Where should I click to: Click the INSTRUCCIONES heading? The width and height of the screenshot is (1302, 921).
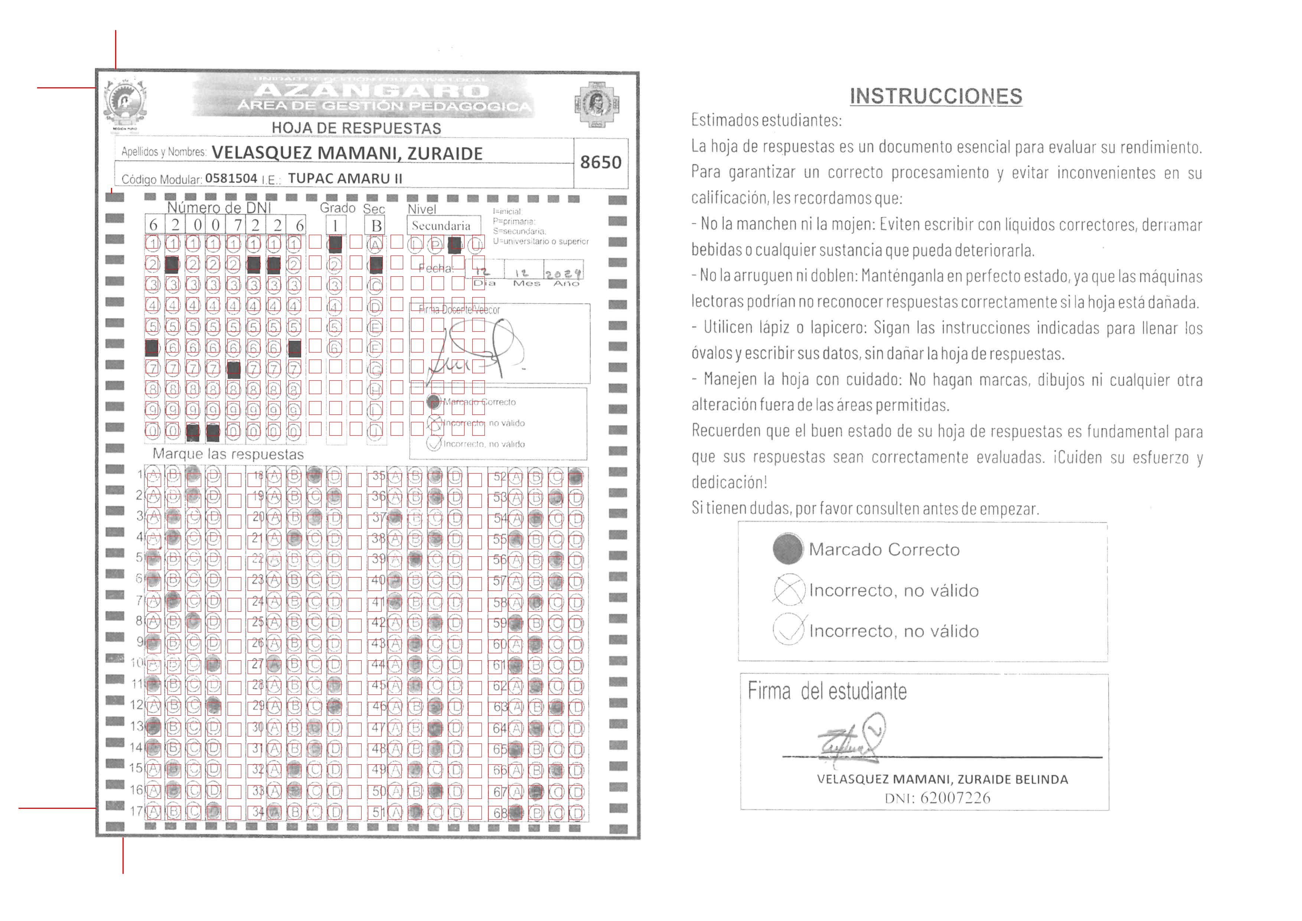pos(936,97)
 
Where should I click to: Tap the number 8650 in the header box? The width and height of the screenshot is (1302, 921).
pos(601,163)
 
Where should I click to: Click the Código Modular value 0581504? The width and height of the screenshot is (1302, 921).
pos(231,178)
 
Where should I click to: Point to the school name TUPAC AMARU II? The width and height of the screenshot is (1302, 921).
pos(345,178)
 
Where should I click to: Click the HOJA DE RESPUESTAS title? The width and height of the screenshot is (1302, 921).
pos(356,128)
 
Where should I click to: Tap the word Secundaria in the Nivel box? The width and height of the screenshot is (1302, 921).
pos(441,226)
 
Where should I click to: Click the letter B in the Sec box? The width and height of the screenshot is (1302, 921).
pos(376,226)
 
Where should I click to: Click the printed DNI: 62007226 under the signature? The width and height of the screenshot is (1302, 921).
pos(937,798)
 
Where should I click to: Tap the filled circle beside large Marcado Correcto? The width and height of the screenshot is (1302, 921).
pos(788,549)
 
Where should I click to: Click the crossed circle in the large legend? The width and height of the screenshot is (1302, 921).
pos(788,590)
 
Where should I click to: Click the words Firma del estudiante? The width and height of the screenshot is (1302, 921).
pos(827,691)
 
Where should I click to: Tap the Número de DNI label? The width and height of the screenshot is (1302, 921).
pos(219,208)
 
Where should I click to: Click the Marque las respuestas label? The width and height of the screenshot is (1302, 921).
pos(228,454)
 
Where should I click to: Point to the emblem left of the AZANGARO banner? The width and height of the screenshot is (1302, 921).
pos(126,104)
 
